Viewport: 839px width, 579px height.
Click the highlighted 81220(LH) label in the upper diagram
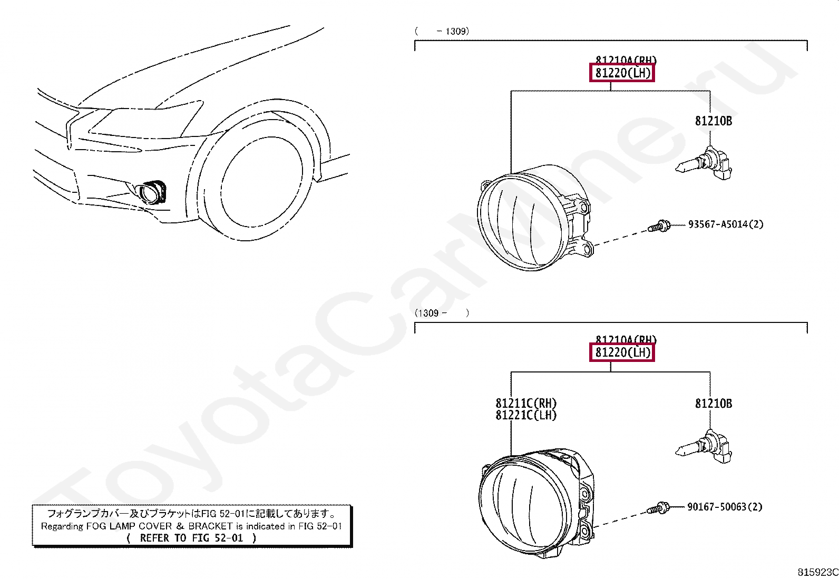pos(622,73)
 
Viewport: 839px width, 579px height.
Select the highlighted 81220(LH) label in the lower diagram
pos(622,352)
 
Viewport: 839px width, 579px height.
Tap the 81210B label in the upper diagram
pos(713,121)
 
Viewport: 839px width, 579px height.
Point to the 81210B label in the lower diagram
pos(713,404)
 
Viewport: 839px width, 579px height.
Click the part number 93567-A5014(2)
pos(725,224)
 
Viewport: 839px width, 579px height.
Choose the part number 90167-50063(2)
pos(725,507)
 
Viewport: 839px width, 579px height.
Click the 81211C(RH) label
pos(526,404)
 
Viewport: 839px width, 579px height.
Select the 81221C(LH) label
pos(526,415)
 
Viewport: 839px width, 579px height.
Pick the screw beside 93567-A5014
pos(659,227)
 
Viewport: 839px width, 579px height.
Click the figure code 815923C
pos(817,572)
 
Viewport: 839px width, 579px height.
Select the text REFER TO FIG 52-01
pos(192,538)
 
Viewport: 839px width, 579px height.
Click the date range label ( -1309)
pos(442,31)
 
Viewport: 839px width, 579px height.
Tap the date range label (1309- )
pos(442,313)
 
